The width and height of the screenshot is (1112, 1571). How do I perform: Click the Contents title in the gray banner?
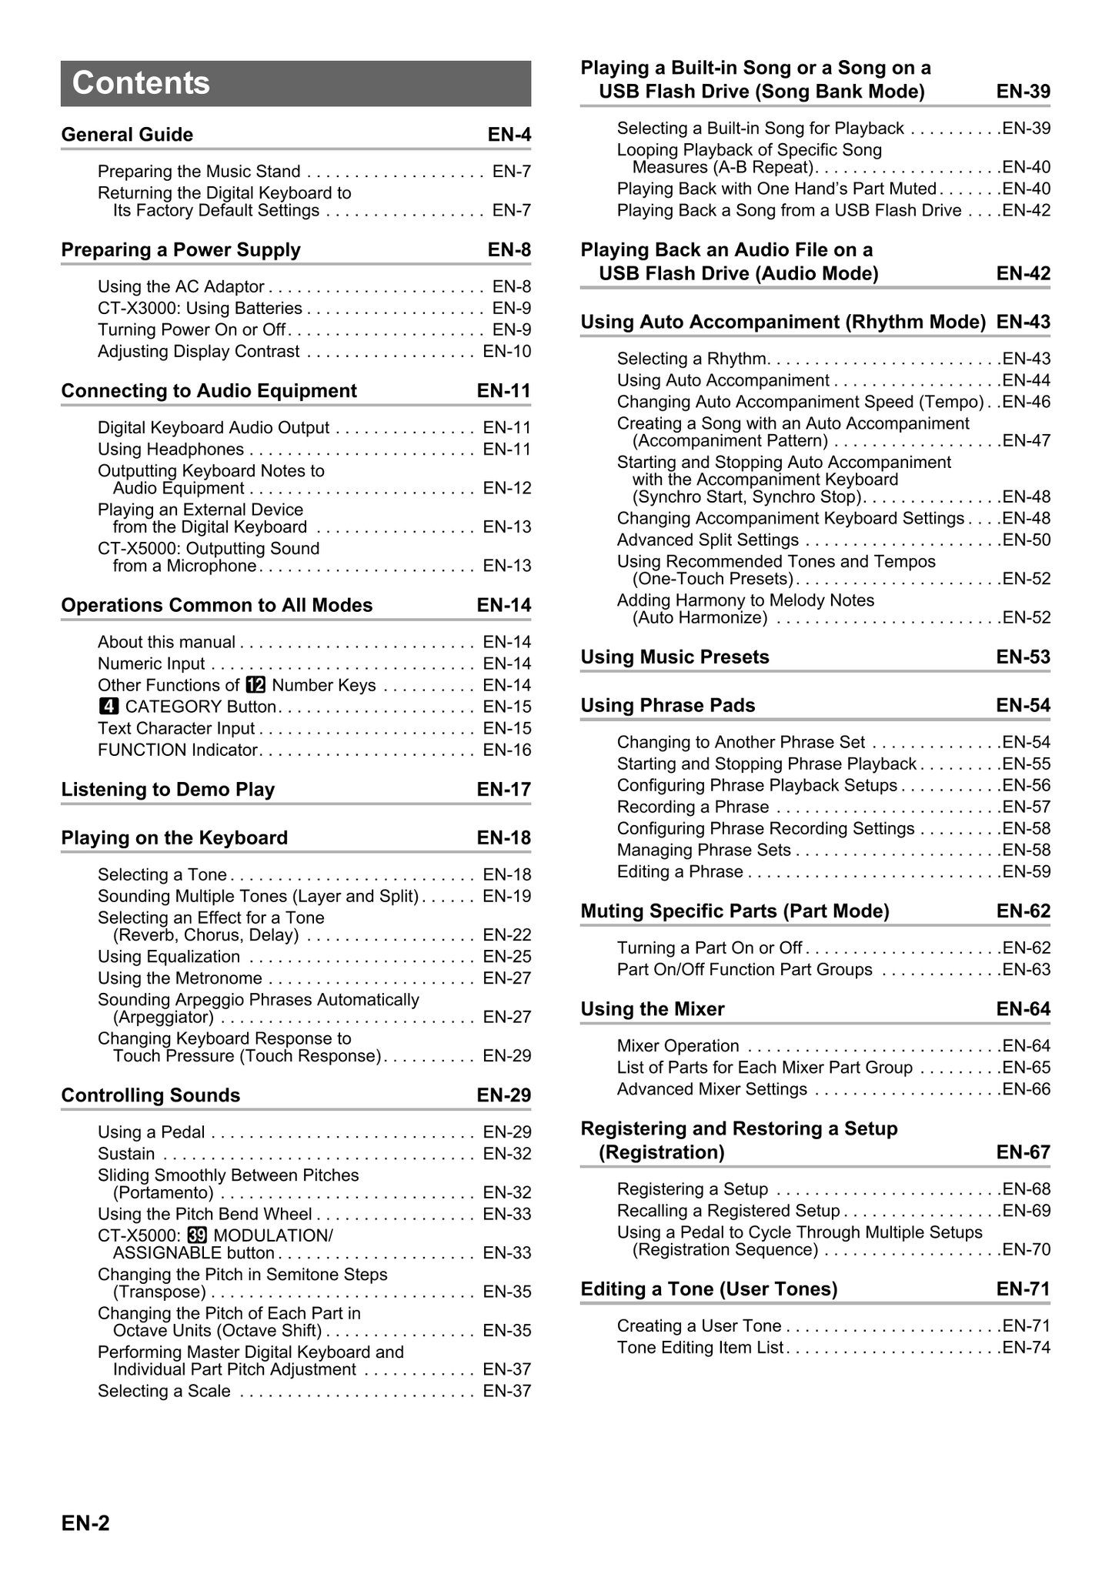[x=141, y=83]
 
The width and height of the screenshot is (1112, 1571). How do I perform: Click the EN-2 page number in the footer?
[x=85, y=1523]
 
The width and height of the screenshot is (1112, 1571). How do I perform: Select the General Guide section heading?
[x=127, y=135]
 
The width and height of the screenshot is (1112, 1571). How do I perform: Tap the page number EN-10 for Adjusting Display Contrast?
[x=506, y=352]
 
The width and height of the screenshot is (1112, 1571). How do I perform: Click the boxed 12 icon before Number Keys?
[x=255, y=685]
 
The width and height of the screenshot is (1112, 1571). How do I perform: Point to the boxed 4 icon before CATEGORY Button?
[x=109, y=707]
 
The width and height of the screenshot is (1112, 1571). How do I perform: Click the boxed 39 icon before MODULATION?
[x=197, y=1235]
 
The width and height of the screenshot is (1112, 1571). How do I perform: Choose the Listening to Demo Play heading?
[x=168, y=790]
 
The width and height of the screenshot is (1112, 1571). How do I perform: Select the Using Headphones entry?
[x=171, y=450]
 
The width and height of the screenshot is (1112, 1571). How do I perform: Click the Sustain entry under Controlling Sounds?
[x=126, y=1154]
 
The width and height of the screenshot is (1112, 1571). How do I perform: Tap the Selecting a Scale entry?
[x=164, y=1391]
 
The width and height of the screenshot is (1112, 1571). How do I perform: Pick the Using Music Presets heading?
[x=675, y=657]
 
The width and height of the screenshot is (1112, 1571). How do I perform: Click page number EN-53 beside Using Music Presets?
[x=1023, y=657]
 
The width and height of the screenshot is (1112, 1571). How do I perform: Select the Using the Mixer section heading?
[x=653, y=1009]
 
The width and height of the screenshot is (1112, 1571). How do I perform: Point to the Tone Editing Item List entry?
[x=700, y=1348]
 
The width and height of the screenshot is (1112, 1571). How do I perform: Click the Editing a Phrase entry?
[x=680, y=872]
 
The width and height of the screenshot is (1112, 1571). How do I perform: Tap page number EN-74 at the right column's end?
[x=1027, y=1348]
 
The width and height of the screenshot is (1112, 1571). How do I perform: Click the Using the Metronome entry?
[x=180, y=978]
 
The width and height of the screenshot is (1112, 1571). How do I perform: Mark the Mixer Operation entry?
[x=678, y=1046]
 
